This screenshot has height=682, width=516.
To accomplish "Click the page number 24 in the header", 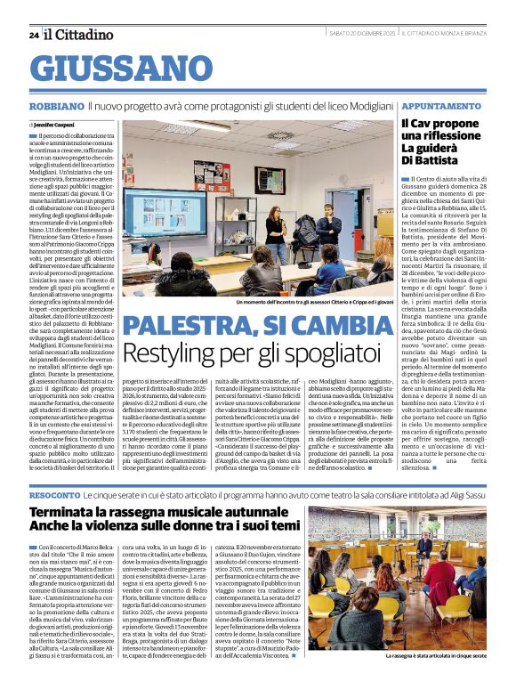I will pos(33,35).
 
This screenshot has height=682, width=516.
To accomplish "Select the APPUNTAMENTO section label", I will pos(417,106).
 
